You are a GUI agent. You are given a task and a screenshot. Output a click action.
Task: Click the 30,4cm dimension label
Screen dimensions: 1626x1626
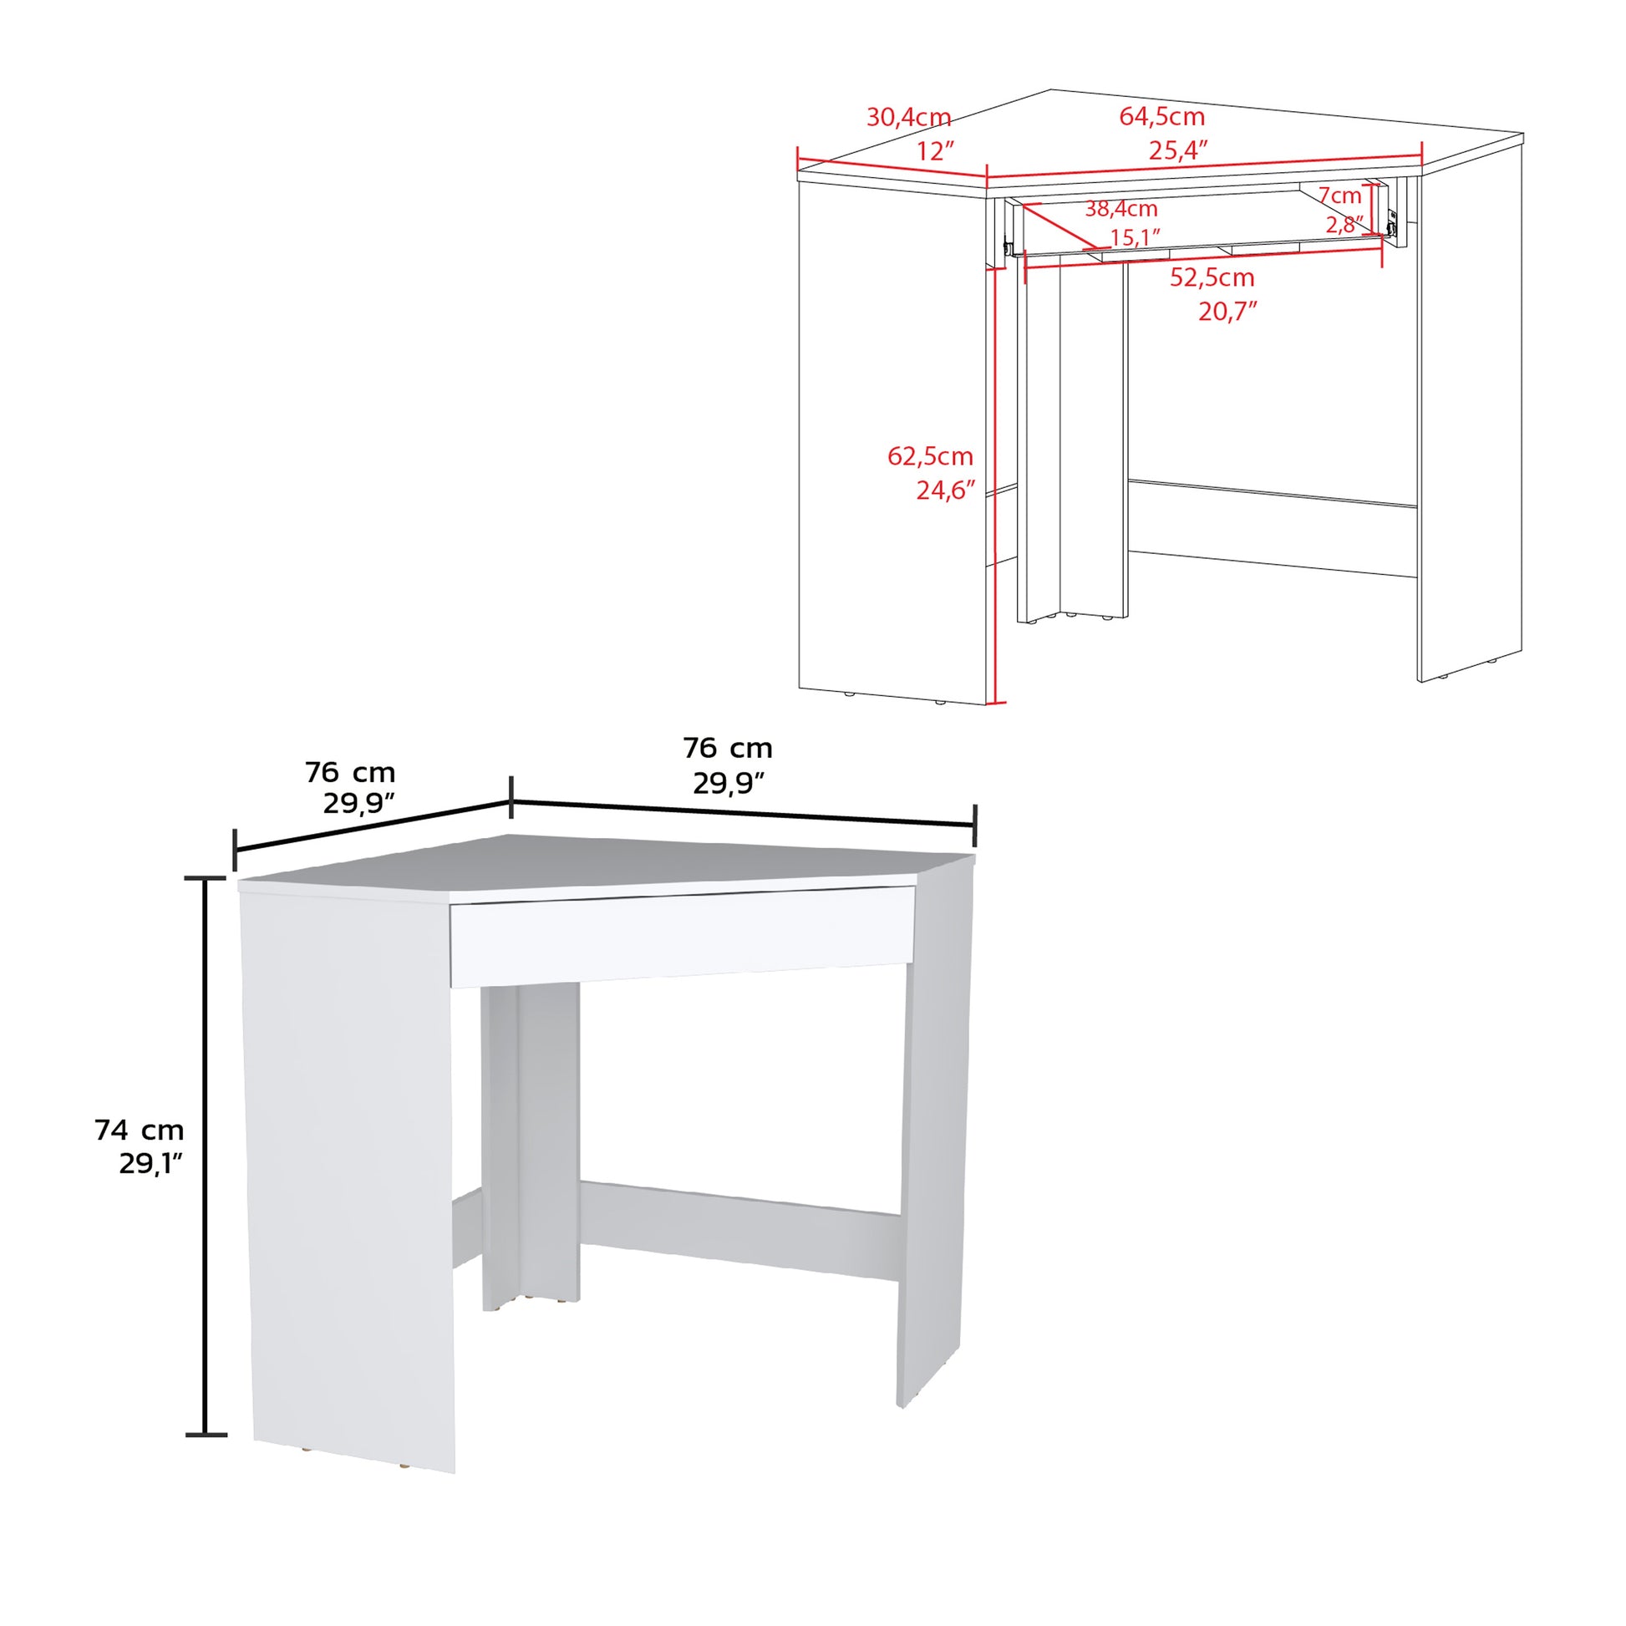[909, 117]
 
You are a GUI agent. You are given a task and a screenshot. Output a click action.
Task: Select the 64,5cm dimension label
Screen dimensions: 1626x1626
[1161, 116]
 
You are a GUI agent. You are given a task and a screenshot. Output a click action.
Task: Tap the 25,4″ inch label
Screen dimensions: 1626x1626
[1178, 150]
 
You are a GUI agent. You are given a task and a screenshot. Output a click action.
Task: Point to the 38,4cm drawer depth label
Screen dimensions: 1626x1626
[1120, 209]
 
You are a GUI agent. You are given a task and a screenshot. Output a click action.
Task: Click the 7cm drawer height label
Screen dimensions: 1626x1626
[1340, 196]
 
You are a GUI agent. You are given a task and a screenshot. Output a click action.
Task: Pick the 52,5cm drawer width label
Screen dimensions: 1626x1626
[1212, 277]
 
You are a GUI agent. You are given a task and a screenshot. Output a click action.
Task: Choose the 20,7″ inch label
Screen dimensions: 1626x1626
[1227, 312]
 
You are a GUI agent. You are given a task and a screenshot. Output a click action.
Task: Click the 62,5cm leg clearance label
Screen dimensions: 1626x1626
[930, 456]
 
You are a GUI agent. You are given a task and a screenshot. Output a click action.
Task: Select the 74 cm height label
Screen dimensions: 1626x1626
[139, 1131]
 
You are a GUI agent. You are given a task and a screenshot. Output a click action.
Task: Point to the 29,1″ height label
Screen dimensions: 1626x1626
[150, 1164]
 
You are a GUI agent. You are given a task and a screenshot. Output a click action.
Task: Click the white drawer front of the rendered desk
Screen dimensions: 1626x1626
[682, 933]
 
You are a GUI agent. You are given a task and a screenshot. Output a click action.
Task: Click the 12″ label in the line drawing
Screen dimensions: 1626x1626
[936, 151]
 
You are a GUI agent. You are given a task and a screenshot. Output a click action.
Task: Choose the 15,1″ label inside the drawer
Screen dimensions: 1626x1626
[1136, 238]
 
